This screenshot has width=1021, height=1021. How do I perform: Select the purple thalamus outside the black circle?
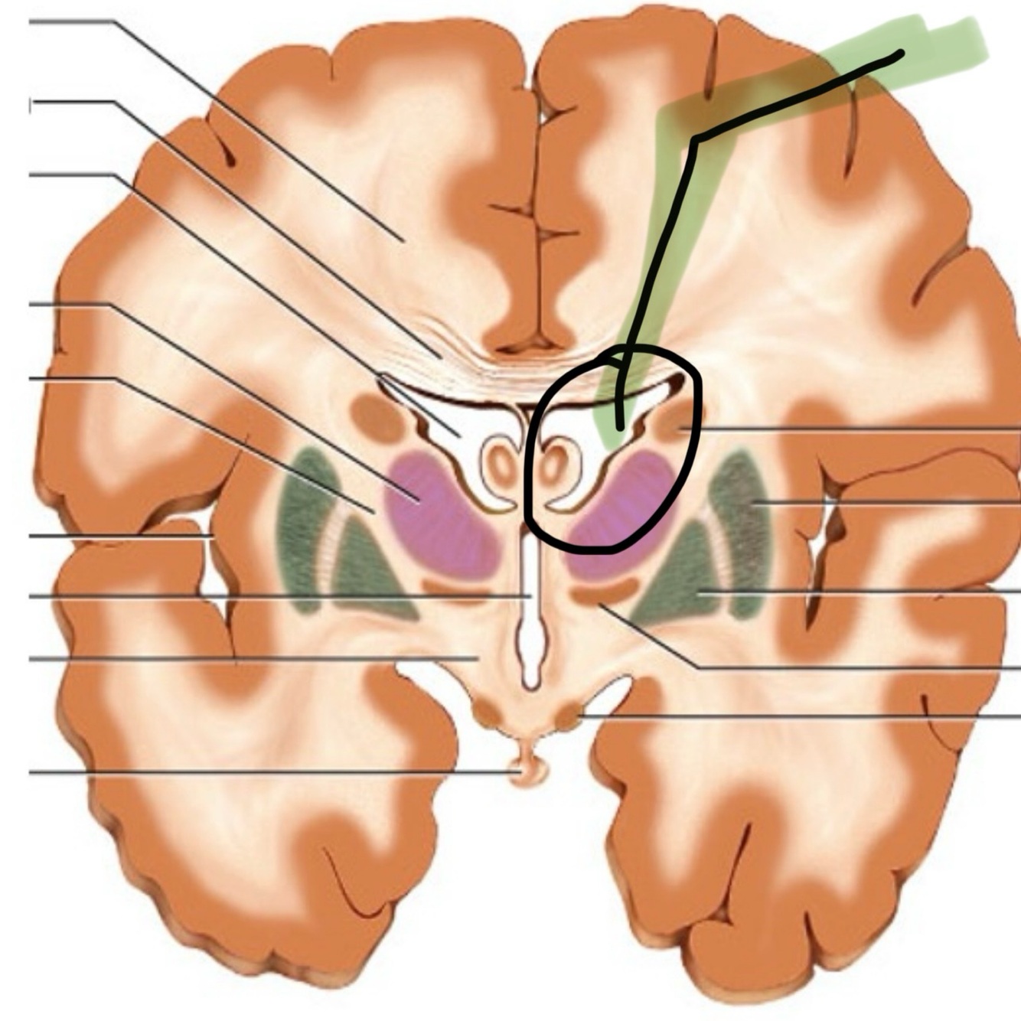[x=440, y=513]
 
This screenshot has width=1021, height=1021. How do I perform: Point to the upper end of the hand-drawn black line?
[x=901, y=53]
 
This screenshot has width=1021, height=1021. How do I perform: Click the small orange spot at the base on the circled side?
[x=568, y=717]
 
